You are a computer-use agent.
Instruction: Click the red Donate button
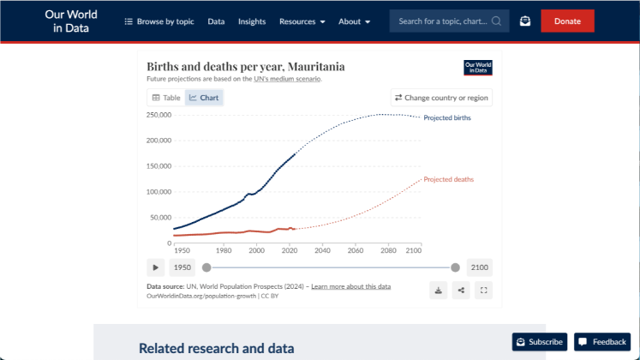point(567,21)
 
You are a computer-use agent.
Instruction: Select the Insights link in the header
point(252,21)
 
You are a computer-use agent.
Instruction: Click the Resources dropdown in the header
point(302,21)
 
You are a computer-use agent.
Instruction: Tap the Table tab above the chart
point(166,98)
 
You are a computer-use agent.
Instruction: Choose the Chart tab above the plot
point(204,98)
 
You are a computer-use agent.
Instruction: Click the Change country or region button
point(441,98)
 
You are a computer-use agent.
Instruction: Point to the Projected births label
point(446,117)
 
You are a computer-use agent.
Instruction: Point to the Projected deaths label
point(448,179)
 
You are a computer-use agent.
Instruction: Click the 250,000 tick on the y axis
point(159,114)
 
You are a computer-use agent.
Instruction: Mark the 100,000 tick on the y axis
point(159,191)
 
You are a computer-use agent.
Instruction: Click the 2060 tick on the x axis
point(355,250)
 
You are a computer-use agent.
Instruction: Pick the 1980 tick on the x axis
point(223,250)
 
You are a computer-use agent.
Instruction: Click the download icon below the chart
point(439,290)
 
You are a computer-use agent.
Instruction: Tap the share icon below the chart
point(462,290)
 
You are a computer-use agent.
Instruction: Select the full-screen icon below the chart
point(484,290)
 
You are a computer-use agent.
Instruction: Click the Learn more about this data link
point(350,286)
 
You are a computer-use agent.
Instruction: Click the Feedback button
point(602,342)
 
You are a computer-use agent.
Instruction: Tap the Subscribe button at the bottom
point(539,342)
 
